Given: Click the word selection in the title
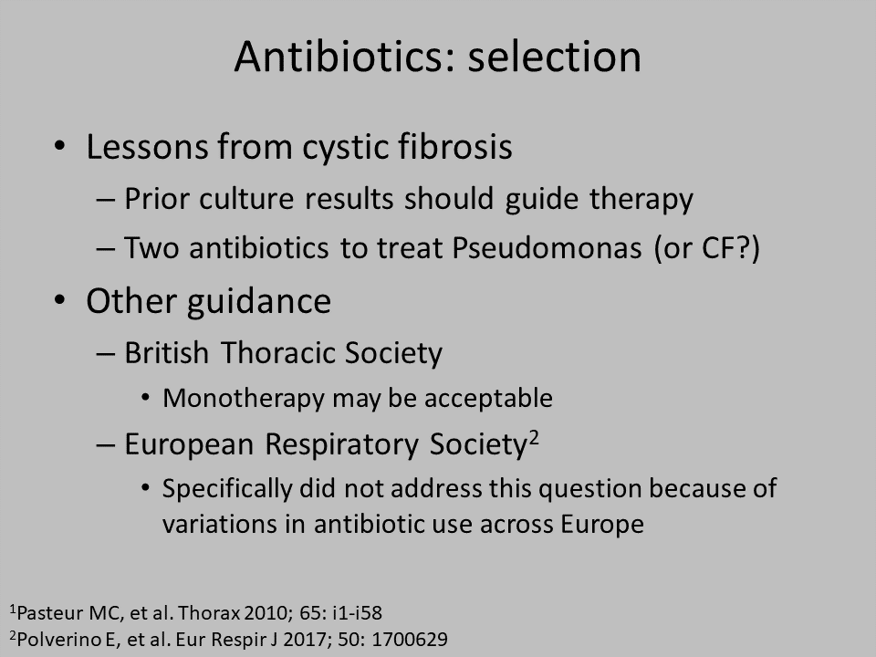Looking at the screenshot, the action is pyautogui.click(x=554, y=57).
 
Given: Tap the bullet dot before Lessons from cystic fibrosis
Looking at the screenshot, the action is pyautogui.click(x=60, y=146).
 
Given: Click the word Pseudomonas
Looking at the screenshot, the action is pyautogui.click(x=547, y=247).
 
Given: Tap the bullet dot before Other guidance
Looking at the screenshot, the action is pyautogui.click(x=60, y=300).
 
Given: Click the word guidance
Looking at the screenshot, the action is pyautogui.click(x=258, y=302).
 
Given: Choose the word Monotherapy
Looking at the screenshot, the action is pyautogui.click(x=244, y=399).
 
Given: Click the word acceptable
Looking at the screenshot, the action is pyautogui.click(x=488, y=399).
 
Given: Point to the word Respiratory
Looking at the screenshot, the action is pyautogui.click(x=341, y=444).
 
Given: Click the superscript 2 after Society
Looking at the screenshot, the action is pyautogui.click(x=534, y=437).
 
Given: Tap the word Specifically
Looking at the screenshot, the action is pyautogui.click(x=227, y=489).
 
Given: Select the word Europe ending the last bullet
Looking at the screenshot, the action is pyautogui.click(x=602, y=525).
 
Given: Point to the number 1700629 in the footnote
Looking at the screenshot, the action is pyautogui.click(x=409, y=639).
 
